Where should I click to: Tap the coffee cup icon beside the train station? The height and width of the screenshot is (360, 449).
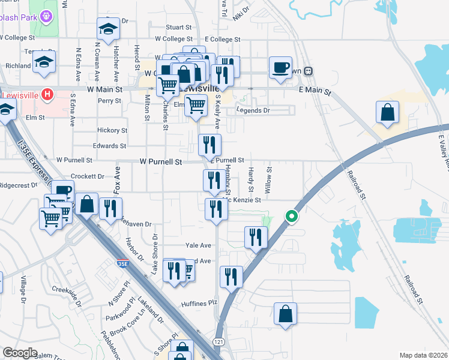(280, 67)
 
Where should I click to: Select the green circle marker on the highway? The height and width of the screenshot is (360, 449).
(292, 216)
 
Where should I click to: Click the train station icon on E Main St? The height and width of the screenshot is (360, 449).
(309, 71)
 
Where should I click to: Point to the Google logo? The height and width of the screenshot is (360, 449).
(20, 353)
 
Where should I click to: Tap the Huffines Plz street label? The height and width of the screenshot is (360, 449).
(199, 304)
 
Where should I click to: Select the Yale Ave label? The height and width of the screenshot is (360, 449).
(198, 246)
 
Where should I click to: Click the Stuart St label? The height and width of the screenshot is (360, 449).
(178, 28)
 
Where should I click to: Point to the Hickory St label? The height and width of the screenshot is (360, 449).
(113, 130)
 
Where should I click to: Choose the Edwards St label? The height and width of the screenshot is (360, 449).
(109, 146)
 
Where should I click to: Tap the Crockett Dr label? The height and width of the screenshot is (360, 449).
(88, 177)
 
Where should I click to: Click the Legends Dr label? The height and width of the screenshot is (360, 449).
(253, 110)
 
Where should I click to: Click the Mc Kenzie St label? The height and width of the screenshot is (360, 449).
(242, 200)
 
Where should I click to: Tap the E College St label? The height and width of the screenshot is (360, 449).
(222, 40)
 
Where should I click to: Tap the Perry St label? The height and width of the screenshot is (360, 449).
(110, 101)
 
